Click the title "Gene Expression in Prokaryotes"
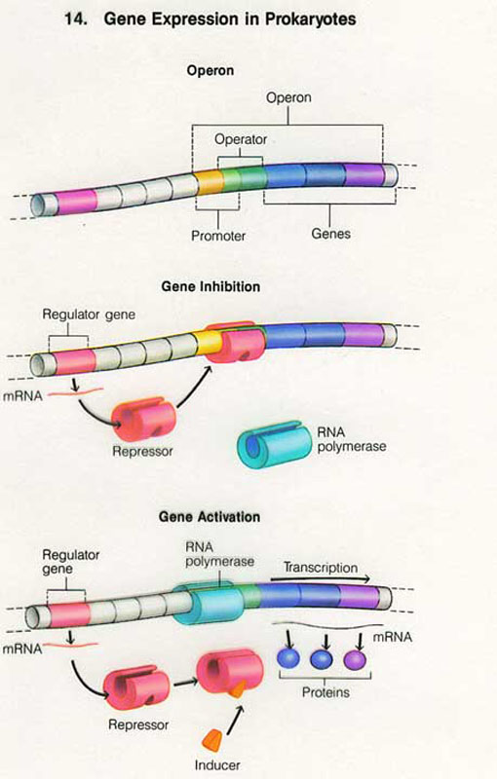click(x=230, y=19)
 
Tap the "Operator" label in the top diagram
click(x=241, y=139)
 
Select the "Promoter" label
click(x=218, y=236)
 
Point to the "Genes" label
click(x=330, y=234)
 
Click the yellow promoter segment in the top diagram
click(x=210, y=182)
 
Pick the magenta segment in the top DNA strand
click(x=76, y=202)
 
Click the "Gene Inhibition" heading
click(x=210, y=286)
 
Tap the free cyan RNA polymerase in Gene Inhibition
click(x=271, y=444)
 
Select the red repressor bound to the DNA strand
click(x=234, y=343)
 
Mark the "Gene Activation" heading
click(x=210, y=517)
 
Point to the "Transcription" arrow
click(x=320, y=579)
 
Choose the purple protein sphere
click(x=355, y=661)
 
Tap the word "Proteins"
click(x=325, y=692)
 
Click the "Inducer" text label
click(x=217, y=765)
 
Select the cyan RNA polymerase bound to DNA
click(x=210, y=602)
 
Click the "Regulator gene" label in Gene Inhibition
click(x=89, y=315)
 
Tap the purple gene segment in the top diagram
click(x=363, y=174)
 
